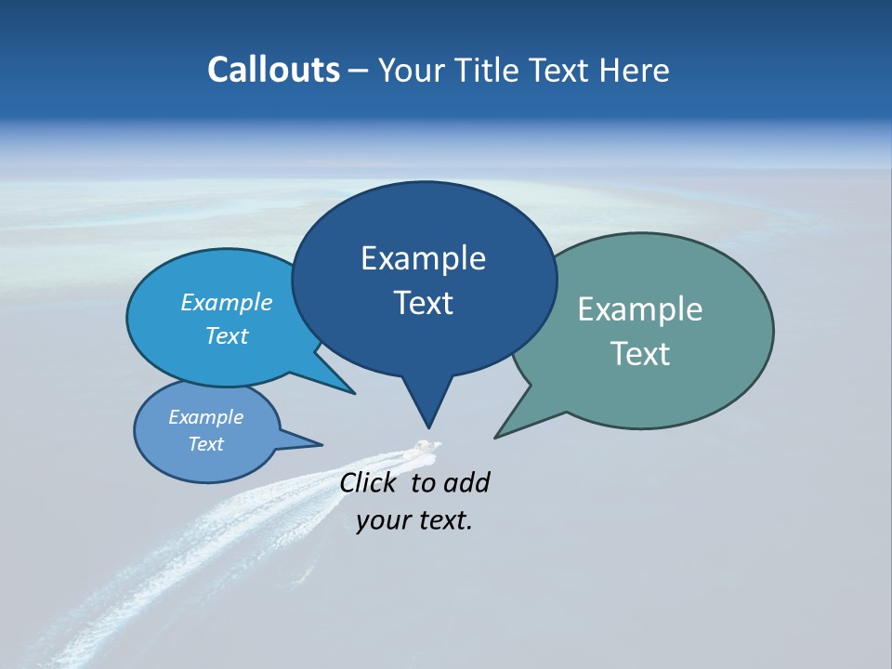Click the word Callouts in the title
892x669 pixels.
pyautogui.click(x=273, y=70)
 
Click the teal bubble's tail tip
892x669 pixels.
pyautogui.click(x=496, y=437)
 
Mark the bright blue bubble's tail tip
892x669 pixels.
pyautogui.click(x=354, y=393)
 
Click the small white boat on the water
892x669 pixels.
pyautogui.click(x=426, y=447)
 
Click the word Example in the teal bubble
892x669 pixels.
pyautogui.click(x=640, y=309)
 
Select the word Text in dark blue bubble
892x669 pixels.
pyautogui.click(x=424, y=303)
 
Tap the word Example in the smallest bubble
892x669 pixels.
pyautogui.click(x=205, y=417)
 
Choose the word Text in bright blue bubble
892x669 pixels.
pyautogui.click(x=227, y=335)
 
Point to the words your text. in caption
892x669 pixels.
pyautogui.click(x=414, y=520)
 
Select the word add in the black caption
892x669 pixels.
pyautogui.click(x=466, y=482)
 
